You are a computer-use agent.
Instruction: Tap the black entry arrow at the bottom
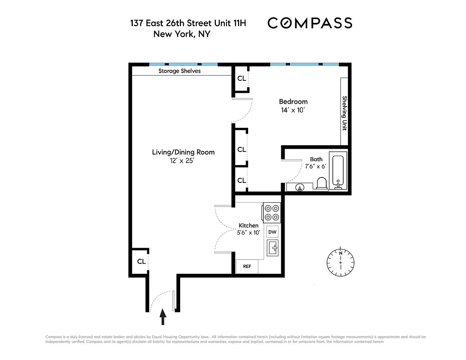[163, 317]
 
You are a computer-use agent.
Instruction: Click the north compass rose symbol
[340, 263]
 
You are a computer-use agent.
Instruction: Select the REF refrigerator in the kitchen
[247, 266]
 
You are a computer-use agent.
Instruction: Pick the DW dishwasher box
[272, 232]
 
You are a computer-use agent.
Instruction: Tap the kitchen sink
[273, 248]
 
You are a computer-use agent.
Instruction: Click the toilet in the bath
[322, 183]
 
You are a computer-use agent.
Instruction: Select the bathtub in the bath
[338, 170]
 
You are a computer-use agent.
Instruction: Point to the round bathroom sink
[299, 188]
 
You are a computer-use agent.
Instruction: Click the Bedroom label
[293, 101]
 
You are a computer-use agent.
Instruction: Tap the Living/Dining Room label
[183, 152]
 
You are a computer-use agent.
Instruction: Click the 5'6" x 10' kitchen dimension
[249, 233]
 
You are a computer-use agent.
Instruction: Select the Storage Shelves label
[179, 71]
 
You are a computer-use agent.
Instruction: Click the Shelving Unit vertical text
[344, 113]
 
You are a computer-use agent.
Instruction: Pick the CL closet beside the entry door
[141, 261]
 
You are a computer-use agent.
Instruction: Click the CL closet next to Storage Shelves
[242, 78]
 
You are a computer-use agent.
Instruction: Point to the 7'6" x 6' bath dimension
[315, 166]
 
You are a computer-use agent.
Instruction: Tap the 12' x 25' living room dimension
[182, 161]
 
